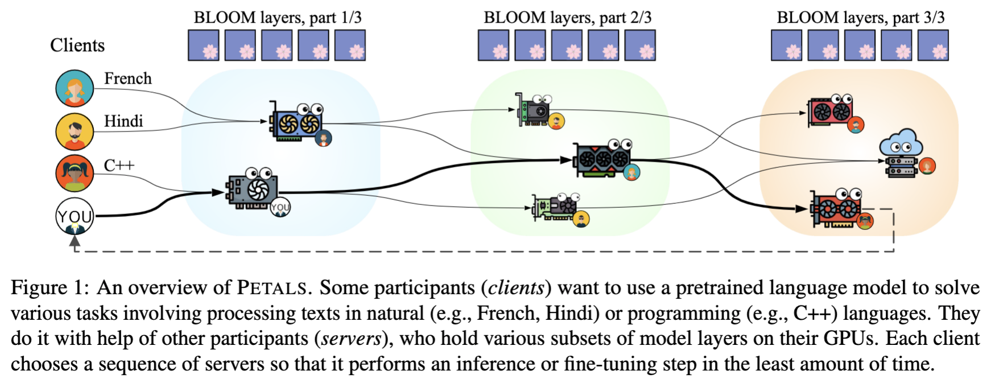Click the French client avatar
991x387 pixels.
(x=75, y=88)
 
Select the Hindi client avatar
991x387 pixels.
(x=75, y=131)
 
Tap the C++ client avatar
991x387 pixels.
(x=75, y=174)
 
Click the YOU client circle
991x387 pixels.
(x=75, y=216)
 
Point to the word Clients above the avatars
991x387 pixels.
(x=77, y=46)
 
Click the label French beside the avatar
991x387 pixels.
(x=128, y=79)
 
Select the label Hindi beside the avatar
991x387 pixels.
(x=123, y=121)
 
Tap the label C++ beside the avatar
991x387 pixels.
(x=119, y=166)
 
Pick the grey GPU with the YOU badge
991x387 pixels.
(x=254, y=189)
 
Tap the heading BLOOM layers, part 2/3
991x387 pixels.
(x=567, y=18)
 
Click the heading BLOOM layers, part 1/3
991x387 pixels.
(x=278, y=18)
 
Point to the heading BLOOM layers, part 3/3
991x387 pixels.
(x=860, y=18)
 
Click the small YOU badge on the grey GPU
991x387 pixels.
(x=280, y=208)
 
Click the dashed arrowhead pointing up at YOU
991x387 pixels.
(x=75, y=241)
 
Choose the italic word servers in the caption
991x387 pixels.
(x=351, y=339)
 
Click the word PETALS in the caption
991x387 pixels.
(x=271, y=288)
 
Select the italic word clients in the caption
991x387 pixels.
(x=516, y=288)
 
